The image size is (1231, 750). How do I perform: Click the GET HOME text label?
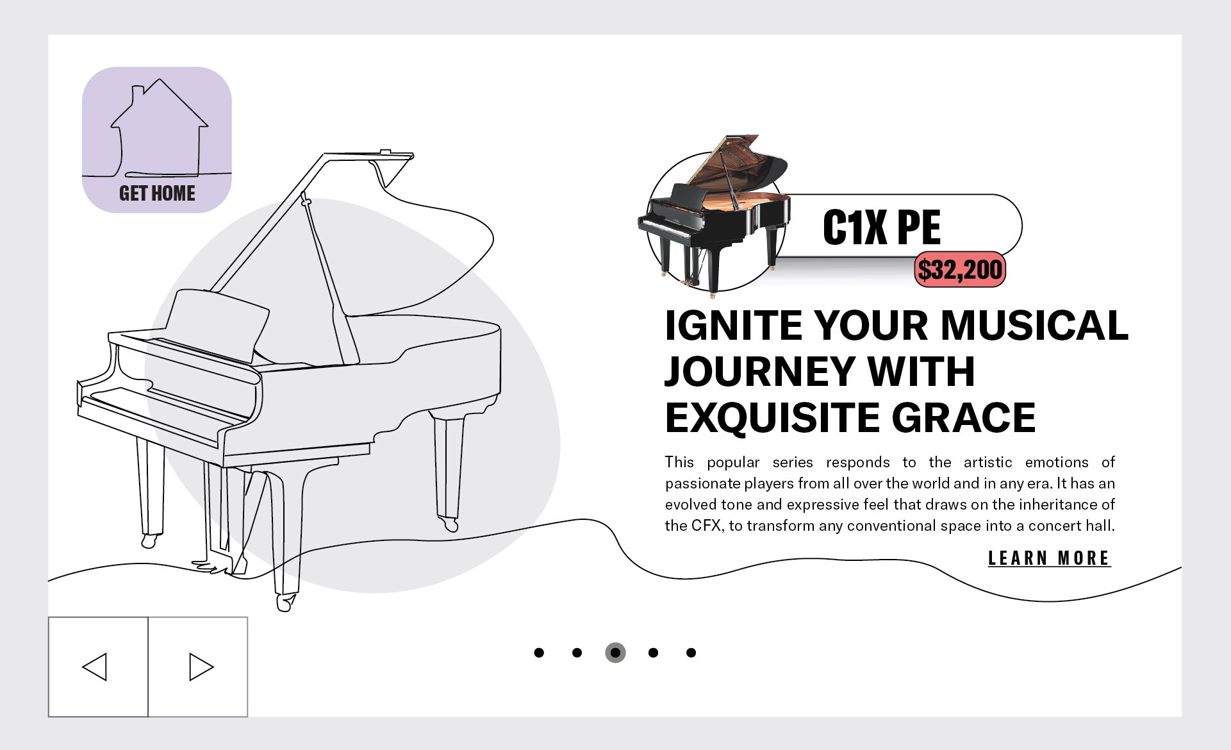pos(157,193)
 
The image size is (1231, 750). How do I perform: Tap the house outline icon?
pos(159,128)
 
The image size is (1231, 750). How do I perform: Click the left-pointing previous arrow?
pos(95,667)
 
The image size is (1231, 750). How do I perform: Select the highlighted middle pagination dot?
pos(615,653)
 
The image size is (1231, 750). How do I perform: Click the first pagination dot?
pos(539,653)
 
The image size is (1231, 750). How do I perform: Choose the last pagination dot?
pos(691,653)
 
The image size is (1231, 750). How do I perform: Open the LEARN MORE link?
pos(1049,558)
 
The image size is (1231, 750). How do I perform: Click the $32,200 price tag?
pos(959,269)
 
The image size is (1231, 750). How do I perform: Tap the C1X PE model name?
pos(882,227)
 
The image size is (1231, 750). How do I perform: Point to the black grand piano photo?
pos(714,215)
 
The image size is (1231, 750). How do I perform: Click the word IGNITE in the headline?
pos(734,325)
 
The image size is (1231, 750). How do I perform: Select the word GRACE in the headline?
pos(963,417)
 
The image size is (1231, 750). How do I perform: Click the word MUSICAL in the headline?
pos(1034,325)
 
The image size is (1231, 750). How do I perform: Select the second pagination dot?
pos(577,653)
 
